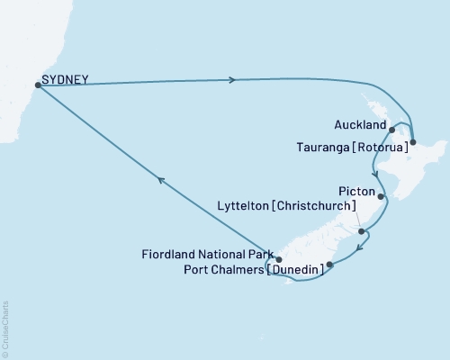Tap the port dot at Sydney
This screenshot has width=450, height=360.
click(x=37, y=85)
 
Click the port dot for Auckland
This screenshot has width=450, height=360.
click(x=391, y=130)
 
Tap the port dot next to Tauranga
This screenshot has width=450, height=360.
click(x=412, y=142)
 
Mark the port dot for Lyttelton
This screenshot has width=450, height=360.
click(x=361, y=232)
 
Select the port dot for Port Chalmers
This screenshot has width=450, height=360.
click(x=330, y=265)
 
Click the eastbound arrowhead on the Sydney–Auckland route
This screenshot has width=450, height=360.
click(x=234, y=80)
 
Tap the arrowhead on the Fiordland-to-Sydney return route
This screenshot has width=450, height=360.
click(x=161, y=181)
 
